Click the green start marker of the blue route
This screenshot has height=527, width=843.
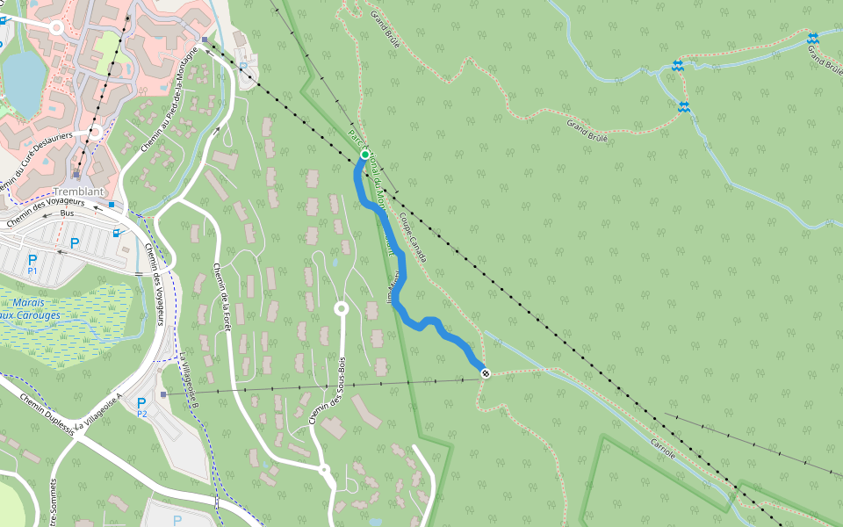364,155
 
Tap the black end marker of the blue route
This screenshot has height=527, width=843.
485,373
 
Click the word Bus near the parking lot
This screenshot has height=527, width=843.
68,213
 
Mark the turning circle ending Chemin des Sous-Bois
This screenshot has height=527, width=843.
342,309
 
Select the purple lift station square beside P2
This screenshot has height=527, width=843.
163,394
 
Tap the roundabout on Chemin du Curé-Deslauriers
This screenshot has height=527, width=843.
95,133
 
